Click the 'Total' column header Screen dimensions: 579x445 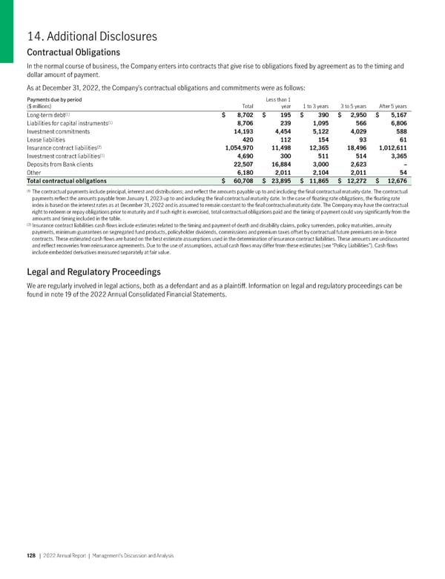237,106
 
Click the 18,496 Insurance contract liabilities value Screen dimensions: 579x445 353,148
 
